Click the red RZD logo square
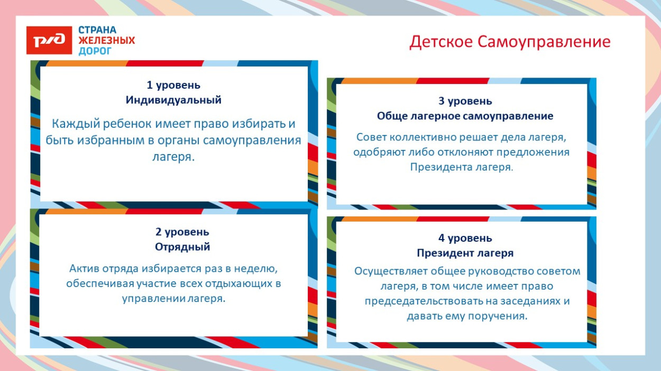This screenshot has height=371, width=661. click(49, 40)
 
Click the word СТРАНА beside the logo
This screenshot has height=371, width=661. click(98, 30)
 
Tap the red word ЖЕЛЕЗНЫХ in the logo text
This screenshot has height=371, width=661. click(107, 41)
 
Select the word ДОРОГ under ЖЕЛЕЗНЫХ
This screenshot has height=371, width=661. click(95, 51)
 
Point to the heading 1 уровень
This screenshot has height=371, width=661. click(173, 85)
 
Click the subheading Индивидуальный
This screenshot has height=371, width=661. click(173, 100)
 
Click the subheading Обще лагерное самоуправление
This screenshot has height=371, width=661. click(465, 116)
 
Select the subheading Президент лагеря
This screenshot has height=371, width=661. click(465, 253)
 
